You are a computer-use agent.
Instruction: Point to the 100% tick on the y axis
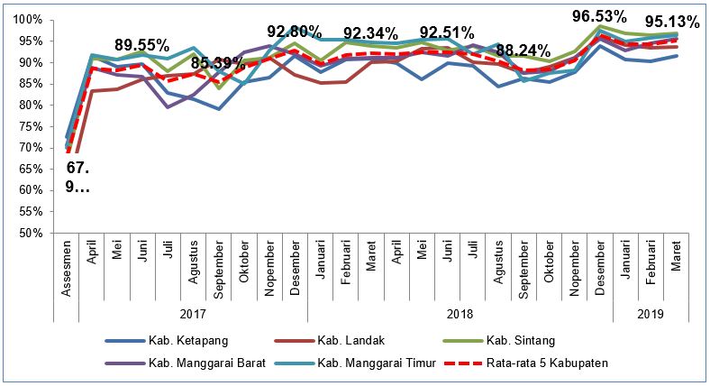[28, 20]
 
